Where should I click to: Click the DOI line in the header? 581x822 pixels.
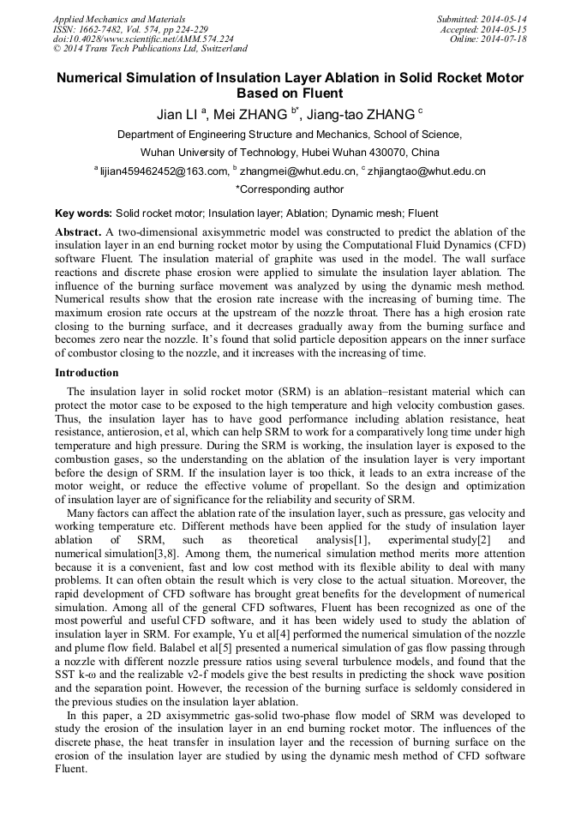tap(143, 39)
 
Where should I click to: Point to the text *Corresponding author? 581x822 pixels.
tap(290, 189)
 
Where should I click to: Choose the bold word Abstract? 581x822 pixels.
tap(78, 232)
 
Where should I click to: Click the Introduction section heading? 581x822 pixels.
tap(87, 373)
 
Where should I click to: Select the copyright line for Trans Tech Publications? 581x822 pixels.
tap(151, 49)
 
